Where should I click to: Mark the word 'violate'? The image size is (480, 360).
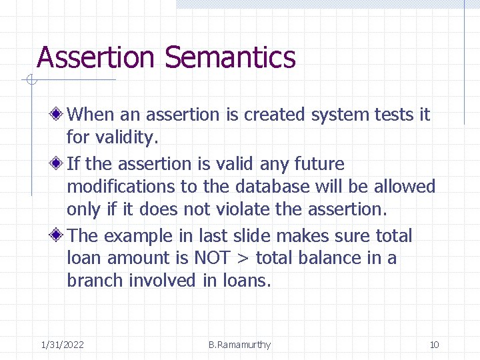(241, 209)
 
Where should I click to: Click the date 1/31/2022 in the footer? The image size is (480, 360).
(62, 345)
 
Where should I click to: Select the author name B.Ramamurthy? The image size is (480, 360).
(239, 345)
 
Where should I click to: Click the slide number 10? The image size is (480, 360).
(434, 345)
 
